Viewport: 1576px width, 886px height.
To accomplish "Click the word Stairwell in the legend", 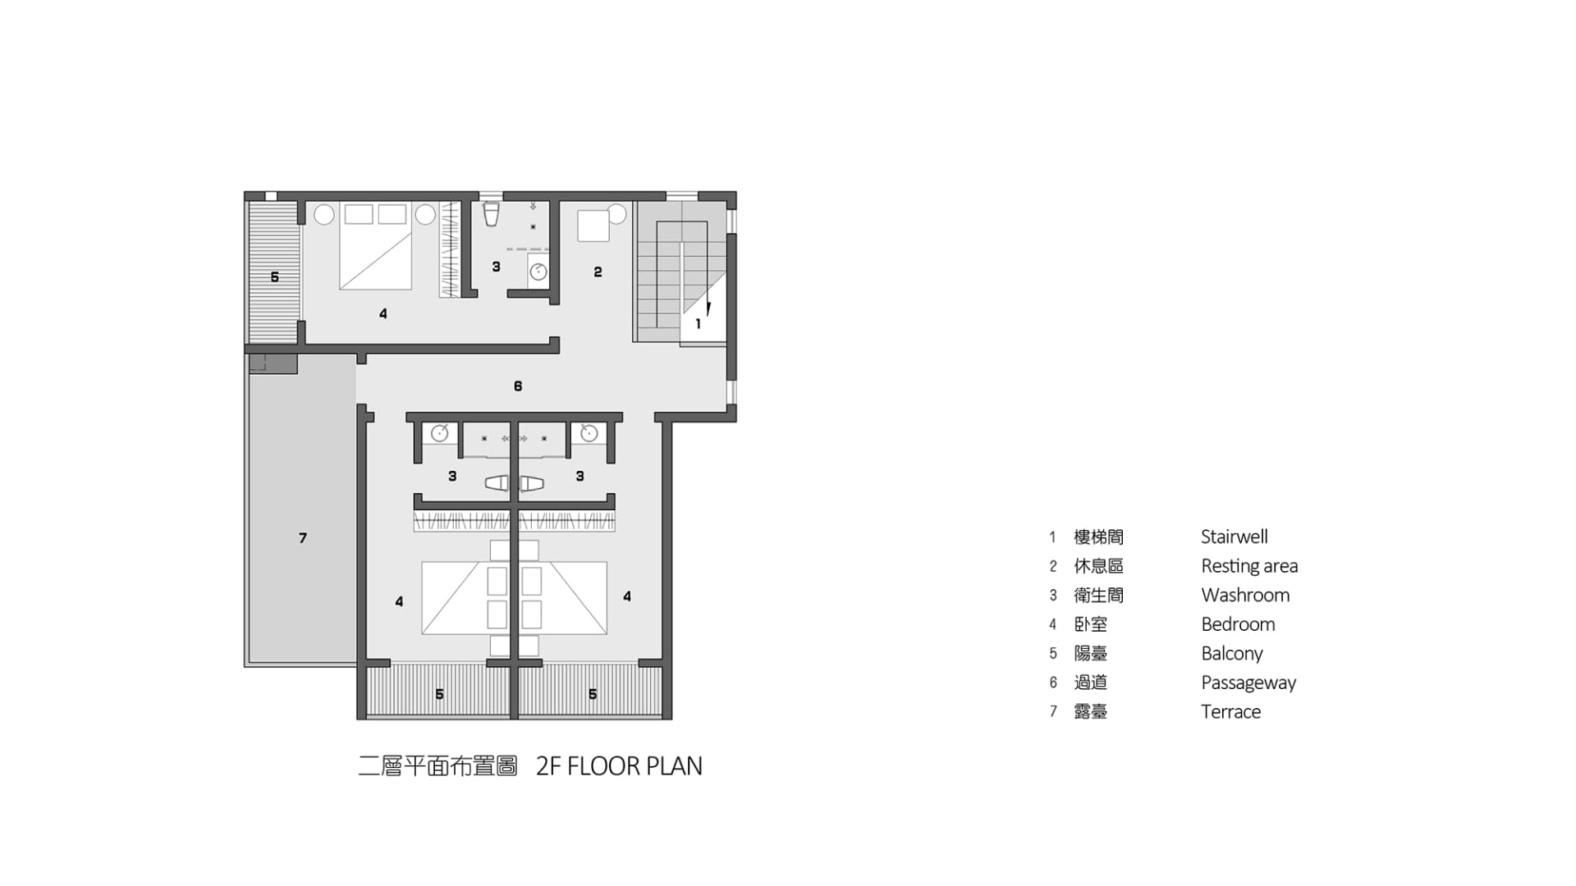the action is click(x=1234, y=537).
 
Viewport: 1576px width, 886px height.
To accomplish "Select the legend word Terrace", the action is click(x=1230, y=711).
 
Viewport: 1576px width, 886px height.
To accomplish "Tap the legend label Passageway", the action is click(x=1248, y=683).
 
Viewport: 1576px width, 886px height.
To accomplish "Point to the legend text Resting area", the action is click(x=1249, y=566).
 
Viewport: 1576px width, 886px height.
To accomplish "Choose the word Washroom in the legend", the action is click(x=1245, y=595).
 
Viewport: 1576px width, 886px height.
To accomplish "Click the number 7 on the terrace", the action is click(x=303, y=538).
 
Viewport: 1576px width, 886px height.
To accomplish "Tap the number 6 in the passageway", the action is click(x=518, y=386).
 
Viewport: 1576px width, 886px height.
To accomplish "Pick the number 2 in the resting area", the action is click(x=598, y=272).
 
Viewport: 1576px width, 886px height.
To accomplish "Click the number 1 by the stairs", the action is click(x=698, y=324).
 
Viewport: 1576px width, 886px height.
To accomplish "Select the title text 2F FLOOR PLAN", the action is click(x=619, y=766).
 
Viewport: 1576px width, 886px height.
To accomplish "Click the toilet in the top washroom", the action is click(x=491, y=214).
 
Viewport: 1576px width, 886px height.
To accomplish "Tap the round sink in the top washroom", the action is click(x=538, y=272).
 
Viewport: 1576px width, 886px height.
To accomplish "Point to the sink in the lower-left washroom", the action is click(x=439, y=433).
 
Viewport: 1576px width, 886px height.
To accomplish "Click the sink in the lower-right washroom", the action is click(x=589, y=433).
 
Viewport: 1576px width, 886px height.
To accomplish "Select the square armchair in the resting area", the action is click(x=593, y=226).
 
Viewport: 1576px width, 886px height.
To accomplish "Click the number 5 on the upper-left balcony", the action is click(x=275, y=277).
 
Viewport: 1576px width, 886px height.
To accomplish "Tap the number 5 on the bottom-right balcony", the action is click(x=593, y=694).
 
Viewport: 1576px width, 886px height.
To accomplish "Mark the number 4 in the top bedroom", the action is click(x=383, y=313).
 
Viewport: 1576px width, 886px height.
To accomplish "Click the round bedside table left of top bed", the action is click(x=324, y=215).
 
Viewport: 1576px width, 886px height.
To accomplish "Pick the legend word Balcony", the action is click(x=1231, y=654).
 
